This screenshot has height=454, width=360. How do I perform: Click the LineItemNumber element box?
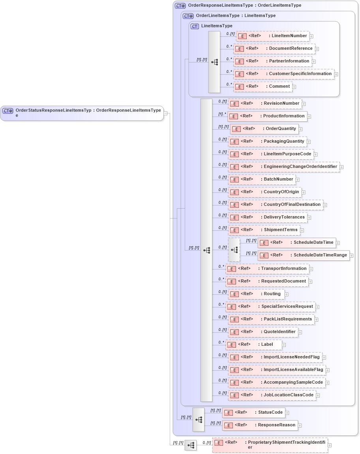(272, 36)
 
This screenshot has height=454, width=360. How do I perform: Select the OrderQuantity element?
(264, 129)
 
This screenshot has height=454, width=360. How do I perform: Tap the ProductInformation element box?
(267, 116)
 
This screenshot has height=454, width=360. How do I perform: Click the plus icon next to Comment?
(294, 87)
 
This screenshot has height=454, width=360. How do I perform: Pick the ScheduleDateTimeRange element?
(304, 256)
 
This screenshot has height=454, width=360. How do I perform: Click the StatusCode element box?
(253, 413)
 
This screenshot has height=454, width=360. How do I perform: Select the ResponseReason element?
(260, 426)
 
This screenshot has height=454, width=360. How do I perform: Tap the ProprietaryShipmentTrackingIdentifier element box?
(270, 445)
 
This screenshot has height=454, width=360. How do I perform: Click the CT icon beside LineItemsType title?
(195, 26)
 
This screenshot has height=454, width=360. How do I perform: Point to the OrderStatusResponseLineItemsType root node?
(82, 113)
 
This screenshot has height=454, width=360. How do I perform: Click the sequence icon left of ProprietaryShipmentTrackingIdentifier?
(191, 445)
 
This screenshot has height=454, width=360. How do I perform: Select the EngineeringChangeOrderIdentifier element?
(283, 167)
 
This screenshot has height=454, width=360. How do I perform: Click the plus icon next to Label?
(284, 345)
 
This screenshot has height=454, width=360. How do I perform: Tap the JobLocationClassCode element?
(272, 395)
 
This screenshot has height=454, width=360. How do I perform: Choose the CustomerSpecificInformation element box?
(283, 74)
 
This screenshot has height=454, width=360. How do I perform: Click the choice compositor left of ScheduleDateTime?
(234, 250)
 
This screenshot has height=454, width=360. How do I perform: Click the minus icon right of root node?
(166, 113)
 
